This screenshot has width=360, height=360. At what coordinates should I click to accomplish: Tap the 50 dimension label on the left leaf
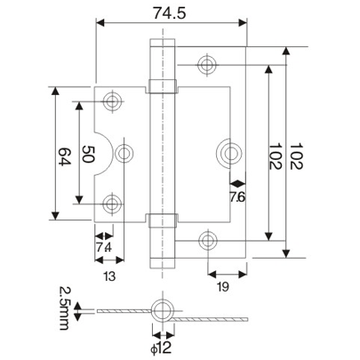coord(87,155)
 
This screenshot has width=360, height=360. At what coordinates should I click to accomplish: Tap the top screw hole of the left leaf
coord(113,101)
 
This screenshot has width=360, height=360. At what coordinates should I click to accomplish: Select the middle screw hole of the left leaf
coord(124,154)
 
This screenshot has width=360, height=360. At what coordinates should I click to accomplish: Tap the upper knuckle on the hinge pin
coord(161,85)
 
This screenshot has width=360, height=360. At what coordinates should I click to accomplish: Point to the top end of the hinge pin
coord(161,42)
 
